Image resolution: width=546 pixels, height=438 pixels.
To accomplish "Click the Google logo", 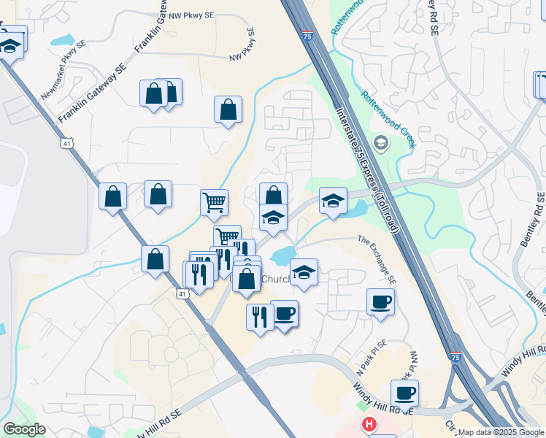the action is coord(24,429).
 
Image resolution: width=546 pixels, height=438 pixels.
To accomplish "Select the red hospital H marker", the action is coord(369,424).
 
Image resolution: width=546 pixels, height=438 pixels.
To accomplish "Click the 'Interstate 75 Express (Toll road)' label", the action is coord(366,170).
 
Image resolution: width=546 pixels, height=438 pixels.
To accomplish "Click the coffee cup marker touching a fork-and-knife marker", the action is coord(285,315).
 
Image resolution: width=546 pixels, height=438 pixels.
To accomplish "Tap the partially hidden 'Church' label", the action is coord(274,279).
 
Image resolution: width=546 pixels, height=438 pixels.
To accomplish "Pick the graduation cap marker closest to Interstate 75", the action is coord(333,201).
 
